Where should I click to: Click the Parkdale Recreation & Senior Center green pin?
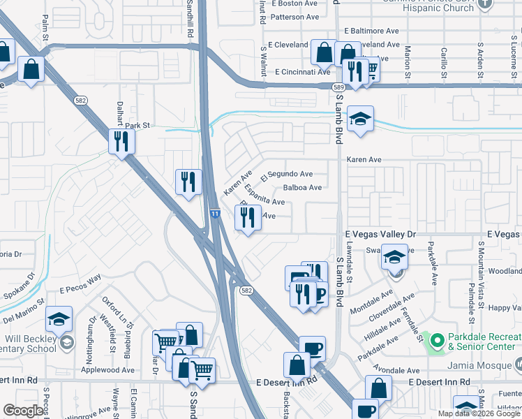[438, 341]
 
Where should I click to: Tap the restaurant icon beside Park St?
[121, 142]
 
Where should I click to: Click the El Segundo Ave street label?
[286, 175]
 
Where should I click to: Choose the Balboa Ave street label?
[302, 188]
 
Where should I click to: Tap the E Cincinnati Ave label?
[302, 72]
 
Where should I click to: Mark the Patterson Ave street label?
[294, 17]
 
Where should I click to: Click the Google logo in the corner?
[23, 411]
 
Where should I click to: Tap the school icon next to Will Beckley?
[59, 320]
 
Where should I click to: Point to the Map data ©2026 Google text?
[479, 413]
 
